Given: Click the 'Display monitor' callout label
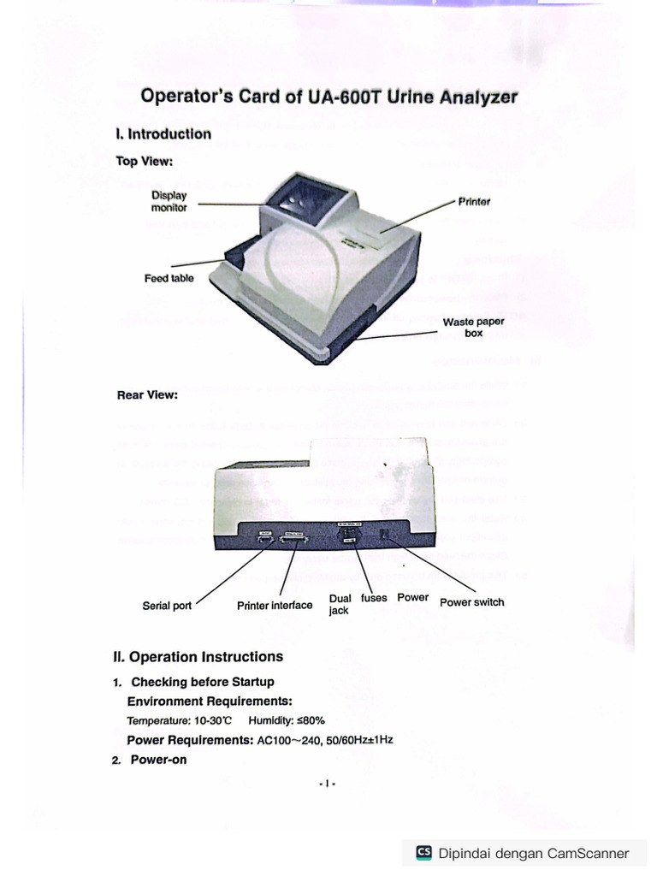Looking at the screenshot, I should (x=169, y=202).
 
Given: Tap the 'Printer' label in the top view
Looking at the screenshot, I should (x=474, y=202).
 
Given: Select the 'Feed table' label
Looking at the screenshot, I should (x=169, y=278).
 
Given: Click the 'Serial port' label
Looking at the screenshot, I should (x=167, y=606).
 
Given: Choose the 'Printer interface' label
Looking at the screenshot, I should (x=275, y=606).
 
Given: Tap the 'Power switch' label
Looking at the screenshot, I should (x=471, y=602).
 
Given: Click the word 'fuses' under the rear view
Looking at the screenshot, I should (x=374, y=598).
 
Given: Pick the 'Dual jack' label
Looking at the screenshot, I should (x=340, y=605).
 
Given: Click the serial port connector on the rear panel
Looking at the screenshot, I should (x=264, y=539).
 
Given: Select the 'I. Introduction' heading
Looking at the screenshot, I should (x=163, y=134).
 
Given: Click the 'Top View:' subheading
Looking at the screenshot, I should (x=145, y=161).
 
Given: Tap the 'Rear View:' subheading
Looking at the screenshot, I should (x=147, y=395).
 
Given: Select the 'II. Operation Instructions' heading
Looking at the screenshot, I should (x=198, y=657).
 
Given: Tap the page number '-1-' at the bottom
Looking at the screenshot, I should (x=328, y=784).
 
